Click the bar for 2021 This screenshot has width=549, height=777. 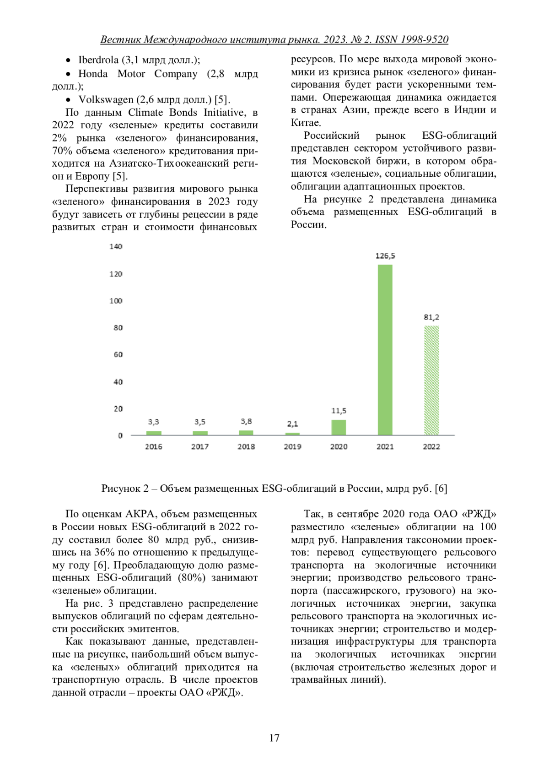tap(385, 350)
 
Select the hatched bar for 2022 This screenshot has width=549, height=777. tap(431, 380)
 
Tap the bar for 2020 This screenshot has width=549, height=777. tap(339, 427)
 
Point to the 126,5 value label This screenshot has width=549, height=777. tap(385, 256)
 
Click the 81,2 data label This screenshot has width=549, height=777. tap(431, 317)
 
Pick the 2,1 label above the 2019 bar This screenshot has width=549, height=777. tap(292, 424)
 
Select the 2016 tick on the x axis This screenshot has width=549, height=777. tap(153, 447)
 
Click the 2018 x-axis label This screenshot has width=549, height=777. tap(246, 447)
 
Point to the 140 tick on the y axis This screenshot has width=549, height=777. tap(116, 247)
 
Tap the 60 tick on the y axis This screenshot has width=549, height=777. tap(118, 355)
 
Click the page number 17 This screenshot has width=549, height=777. tap(274, 738)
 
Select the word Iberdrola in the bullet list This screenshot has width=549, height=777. tap(98, 60)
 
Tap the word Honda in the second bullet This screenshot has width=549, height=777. tap(93, 74)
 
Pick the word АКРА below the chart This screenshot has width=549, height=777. tap(142, 514)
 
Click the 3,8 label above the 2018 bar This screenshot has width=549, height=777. tap(246, 421)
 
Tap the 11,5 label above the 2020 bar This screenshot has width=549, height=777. tap(339, 411)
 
